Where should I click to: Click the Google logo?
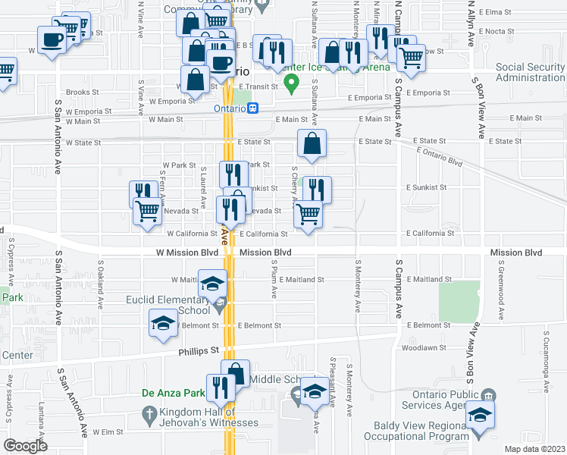click(26, 446)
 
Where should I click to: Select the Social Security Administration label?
click(530, 72)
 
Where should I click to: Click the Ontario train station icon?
click(255, 108)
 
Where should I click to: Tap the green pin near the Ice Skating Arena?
click(289, 80)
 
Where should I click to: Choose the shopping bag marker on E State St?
click(312, 143)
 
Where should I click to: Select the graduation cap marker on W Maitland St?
click(213, 283)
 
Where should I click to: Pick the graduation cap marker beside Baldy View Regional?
click(479, 415)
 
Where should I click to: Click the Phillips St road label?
click(199, 350)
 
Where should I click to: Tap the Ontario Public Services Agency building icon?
click(489, 395)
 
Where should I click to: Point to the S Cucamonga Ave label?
click(546, 356)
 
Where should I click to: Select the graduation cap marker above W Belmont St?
click(163, 324)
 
